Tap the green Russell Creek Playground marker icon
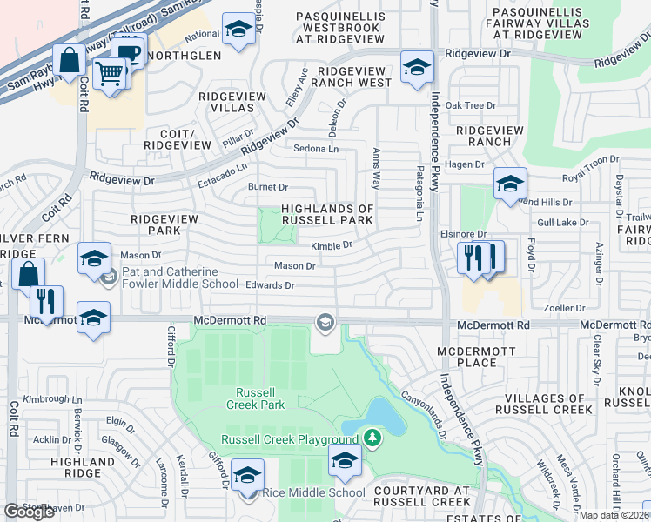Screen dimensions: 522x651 pos(372,437)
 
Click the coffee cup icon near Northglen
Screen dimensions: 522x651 pos(129,52)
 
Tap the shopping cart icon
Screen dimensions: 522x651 pos(110,73)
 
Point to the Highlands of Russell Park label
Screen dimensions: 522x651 pos(326,214)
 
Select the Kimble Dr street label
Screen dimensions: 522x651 pos(331,246)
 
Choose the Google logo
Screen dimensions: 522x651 pos(29,511)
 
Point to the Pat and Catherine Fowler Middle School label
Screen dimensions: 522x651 pos(179,278)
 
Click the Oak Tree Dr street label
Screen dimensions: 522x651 pos(470,105)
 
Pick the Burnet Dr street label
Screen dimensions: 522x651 pos(267,187)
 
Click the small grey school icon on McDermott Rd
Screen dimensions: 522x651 pos(325,323)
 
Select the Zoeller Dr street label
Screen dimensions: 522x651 pos(565,308)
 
